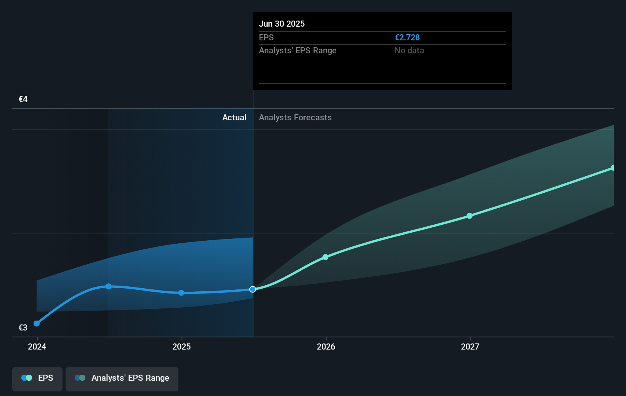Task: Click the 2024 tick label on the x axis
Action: click(x=37, y=346)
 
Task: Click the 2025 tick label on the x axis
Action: click(x=181, y=346)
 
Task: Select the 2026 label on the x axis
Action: click(x=326, y=346)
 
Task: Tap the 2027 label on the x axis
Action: click(x=470, y=346)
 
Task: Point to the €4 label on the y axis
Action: click(x=23, y=99)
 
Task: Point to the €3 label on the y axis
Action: click(x=23, y=327)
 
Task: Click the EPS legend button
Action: click(x=37, y=378)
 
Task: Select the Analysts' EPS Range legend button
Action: click(x=122, y=378)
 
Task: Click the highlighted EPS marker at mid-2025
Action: click(x=253, y=289)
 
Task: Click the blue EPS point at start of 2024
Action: click(x=37, y=324)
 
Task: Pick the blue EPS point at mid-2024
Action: click(x=109, y=286)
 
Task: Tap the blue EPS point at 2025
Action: click(x=181, y=293)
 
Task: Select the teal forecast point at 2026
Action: click(x=326, y=257)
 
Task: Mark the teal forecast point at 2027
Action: click(x=470, y=216)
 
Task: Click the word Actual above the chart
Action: click(x=234, y=118)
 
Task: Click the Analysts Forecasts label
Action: click(x=295, y=118)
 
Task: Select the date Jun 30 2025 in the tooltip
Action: click(x=282, y=24)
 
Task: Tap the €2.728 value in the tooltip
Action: click(x=407, y=38)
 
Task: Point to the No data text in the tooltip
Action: click(x=409, y=51)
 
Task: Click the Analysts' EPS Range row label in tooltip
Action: click(x=297, y=51)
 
